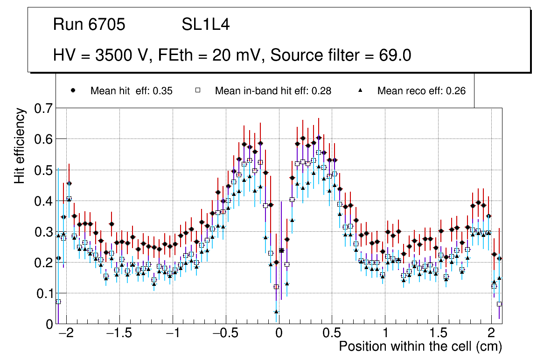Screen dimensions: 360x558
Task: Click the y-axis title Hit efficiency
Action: click(20, 145)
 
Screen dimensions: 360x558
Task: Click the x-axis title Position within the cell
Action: click(420, 346)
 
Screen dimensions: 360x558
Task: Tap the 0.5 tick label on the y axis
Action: click(43, 171)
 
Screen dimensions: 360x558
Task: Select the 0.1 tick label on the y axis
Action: click(43, 294)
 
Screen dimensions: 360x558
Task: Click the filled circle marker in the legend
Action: click(73, 90)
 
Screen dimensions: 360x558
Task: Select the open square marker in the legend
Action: click(197, 90)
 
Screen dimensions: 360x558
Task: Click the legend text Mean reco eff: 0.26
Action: click(421, 91)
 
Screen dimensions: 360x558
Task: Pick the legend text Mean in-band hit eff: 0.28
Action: click(273, 91)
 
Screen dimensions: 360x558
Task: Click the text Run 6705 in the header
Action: click(89, 25)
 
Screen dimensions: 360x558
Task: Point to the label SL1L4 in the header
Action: click(205, 25)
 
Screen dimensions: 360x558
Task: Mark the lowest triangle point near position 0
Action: click(276, 312)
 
